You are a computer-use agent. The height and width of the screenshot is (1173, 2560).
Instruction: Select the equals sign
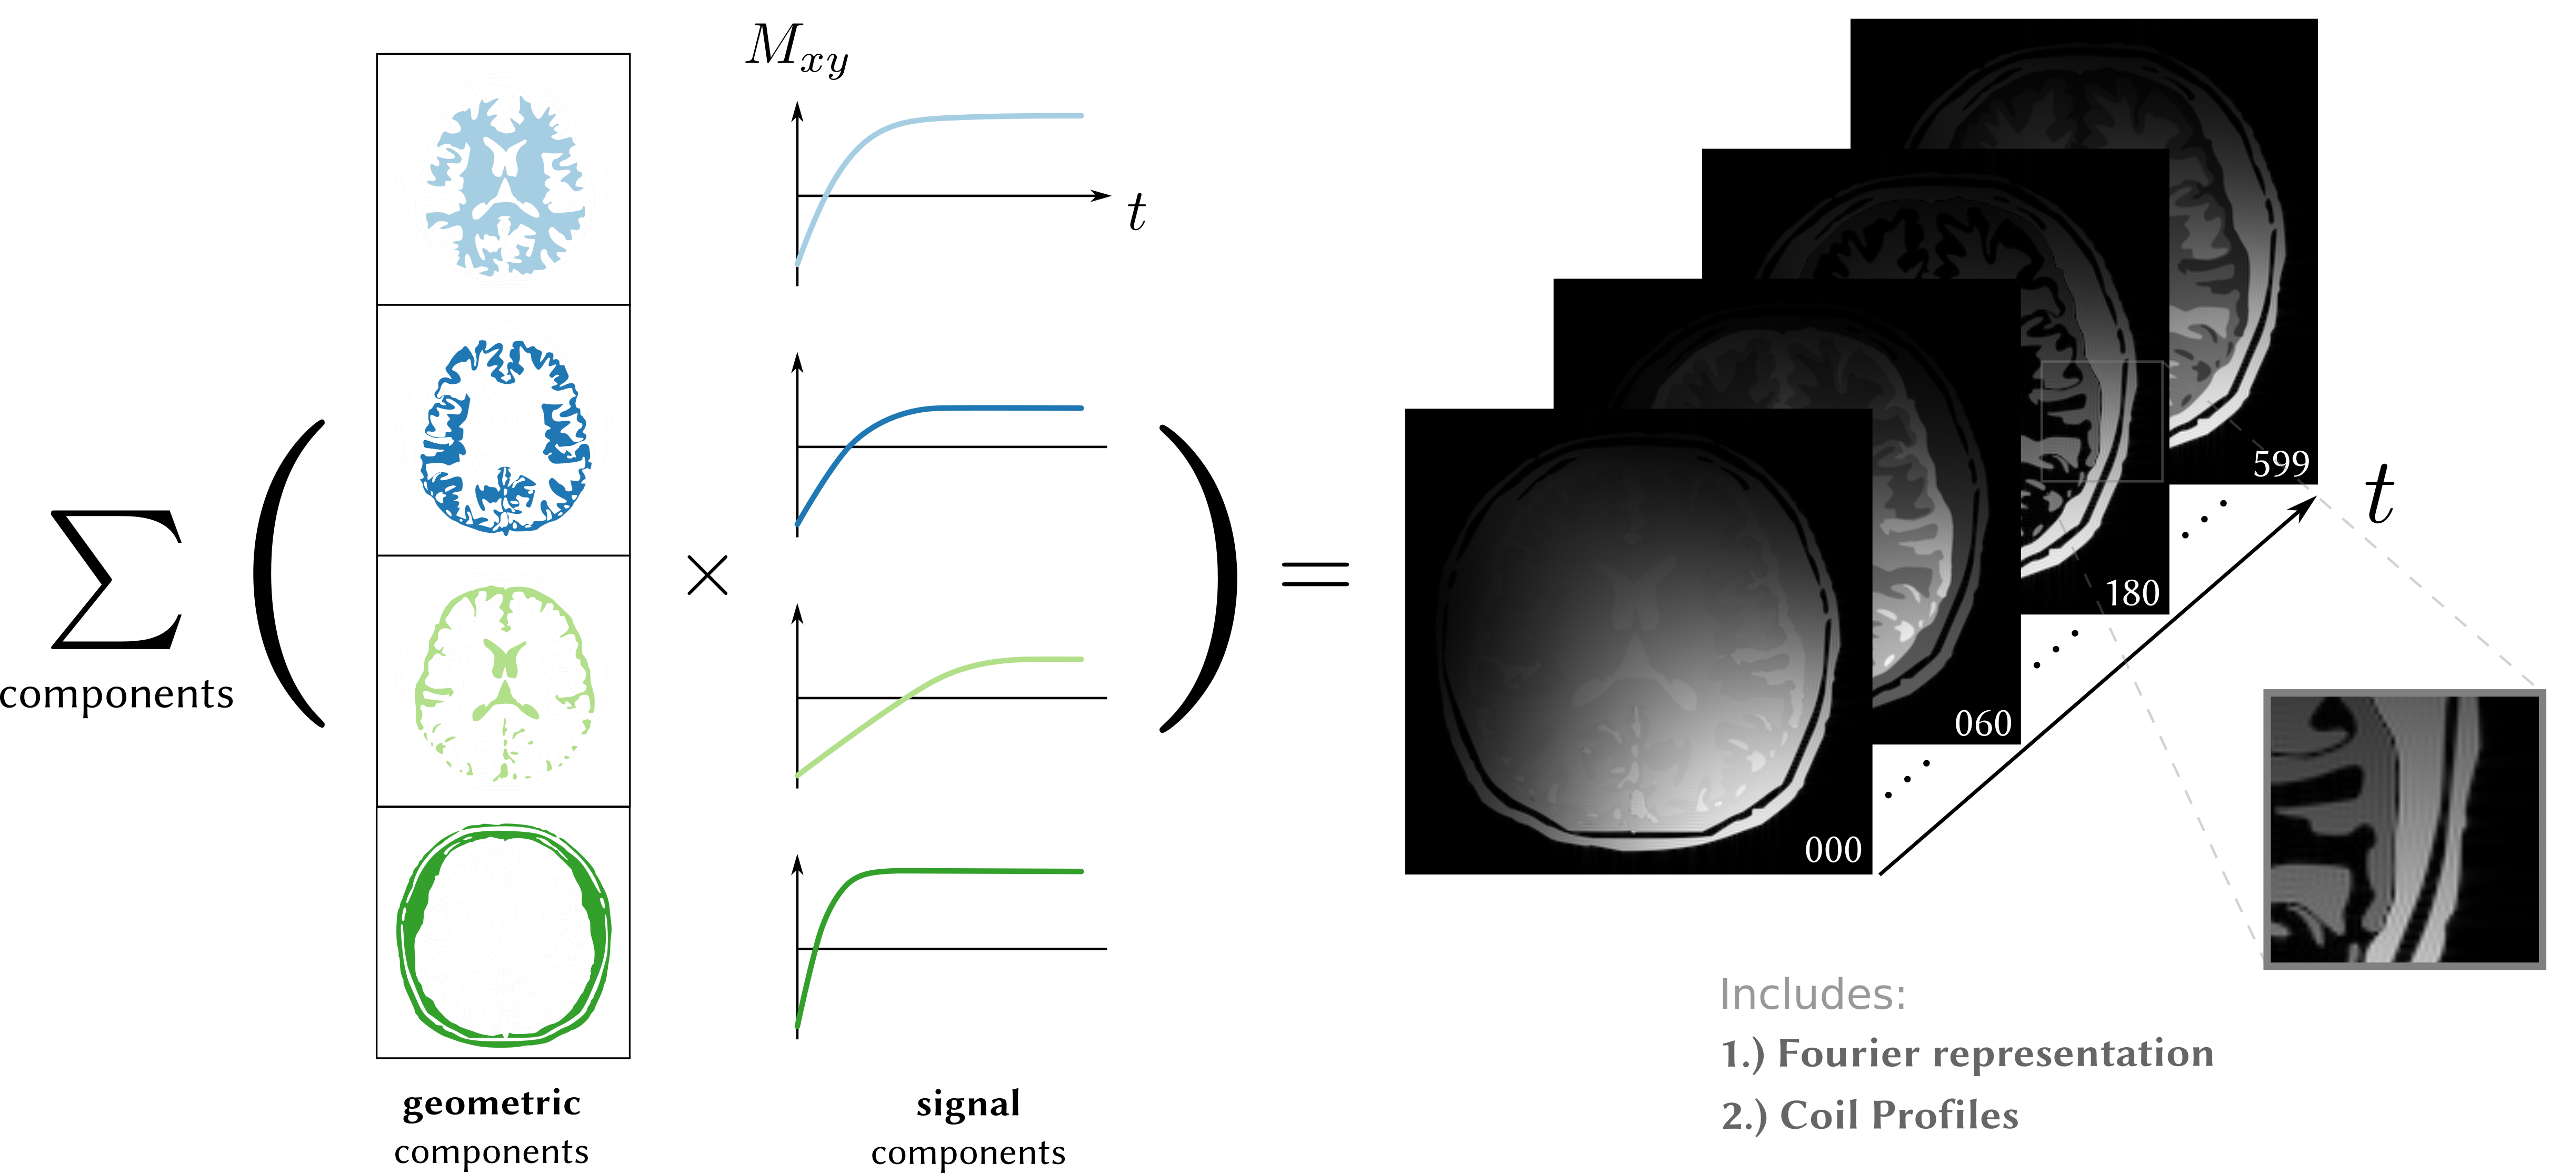coord(1315,573)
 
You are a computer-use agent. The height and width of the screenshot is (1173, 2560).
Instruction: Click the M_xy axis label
coord(797,49)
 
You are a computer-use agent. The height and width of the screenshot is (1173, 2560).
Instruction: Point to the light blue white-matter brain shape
coord(505,186)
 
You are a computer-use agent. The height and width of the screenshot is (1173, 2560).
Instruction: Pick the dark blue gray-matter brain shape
coord(505,438)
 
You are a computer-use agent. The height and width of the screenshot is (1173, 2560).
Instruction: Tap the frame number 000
coord(1833,850)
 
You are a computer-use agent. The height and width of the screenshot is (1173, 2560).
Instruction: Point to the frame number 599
coord(2281,463)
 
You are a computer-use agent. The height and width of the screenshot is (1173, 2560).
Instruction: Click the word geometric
coord(491,1104)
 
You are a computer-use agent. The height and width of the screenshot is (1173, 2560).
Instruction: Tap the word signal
coord(968,1104)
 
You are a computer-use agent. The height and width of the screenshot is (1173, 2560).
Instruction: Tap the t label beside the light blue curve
coord(1136,212)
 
